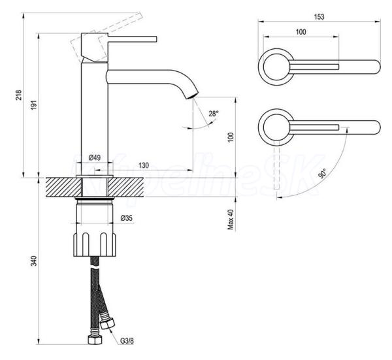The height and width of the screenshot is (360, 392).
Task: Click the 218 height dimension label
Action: coord(19,95)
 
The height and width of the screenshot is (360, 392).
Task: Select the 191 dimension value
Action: coord(34,105)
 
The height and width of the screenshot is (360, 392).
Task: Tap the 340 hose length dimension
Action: coord(34,261)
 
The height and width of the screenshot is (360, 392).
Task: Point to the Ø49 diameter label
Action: coord(95,157)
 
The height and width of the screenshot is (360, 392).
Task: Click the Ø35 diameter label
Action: coord(127,218)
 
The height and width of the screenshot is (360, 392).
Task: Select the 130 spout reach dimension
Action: coord(144,165)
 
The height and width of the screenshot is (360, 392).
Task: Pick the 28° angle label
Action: coord(214,114)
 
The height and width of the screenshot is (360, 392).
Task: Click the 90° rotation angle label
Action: coord(323,174)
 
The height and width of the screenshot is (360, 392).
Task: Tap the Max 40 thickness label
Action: coord(231,220)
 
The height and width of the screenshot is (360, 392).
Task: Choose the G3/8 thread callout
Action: coord(127,340)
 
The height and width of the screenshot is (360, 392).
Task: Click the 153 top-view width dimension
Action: coord(319,17)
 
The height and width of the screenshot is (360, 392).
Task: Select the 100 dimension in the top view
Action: coord(301,32)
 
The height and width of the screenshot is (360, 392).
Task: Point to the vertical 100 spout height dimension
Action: coord(231,137)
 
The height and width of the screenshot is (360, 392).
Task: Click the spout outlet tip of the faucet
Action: coord(193,96)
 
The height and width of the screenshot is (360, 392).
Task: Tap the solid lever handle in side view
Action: coord(132,39)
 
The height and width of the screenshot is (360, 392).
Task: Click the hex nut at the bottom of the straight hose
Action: coord(95,340)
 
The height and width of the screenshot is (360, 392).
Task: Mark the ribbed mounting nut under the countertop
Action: coord(95,244)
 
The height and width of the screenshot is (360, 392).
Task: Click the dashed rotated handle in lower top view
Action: coord(277,168)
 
